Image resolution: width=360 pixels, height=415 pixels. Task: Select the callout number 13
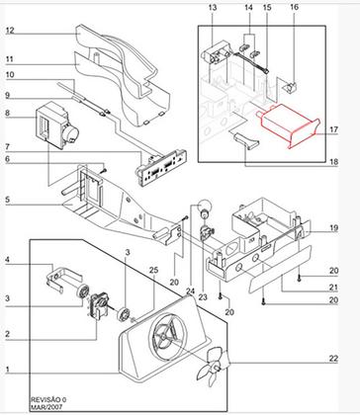[x=213, y=8]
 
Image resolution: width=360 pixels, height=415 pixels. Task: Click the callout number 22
[x=333, y=359]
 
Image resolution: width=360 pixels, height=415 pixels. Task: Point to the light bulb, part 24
[x=204, y=208]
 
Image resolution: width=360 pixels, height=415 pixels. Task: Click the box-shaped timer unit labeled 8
[x=56, y=125]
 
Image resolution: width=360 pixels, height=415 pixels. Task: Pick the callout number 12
[x=10, y=31]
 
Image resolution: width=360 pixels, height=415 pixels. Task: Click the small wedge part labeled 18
[x=246, y=140]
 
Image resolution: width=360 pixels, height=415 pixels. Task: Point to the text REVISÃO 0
[x=48, y=400]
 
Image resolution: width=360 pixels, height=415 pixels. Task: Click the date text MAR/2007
[x=46, y=407]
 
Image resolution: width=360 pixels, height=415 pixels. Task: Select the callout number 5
[x=8, y=200]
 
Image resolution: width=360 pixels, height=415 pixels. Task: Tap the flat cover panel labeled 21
[x=280, y=269]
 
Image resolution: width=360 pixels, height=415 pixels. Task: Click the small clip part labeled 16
[x=290, y=88]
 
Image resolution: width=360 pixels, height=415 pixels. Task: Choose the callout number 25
[x=153, y=270]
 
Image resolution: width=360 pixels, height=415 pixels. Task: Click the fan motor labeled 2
[x=98, y=304]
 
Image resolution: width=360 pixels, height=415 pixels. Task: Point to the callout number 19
[x=333, y=228]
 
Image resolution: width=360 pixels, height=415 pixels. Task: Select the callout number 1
[x=7, y=370]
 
